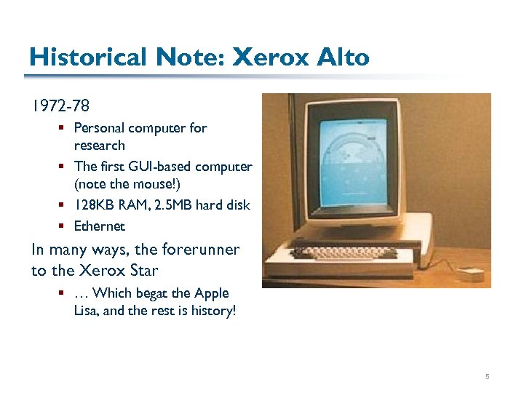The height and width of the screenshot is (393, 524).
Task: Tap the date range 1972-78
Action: tap(60, 106)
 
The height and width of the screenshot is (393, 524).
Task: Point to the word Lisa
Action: tap(87, 311)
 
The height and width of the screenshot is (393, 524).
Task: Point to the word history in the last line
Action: tap(212, 311)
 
